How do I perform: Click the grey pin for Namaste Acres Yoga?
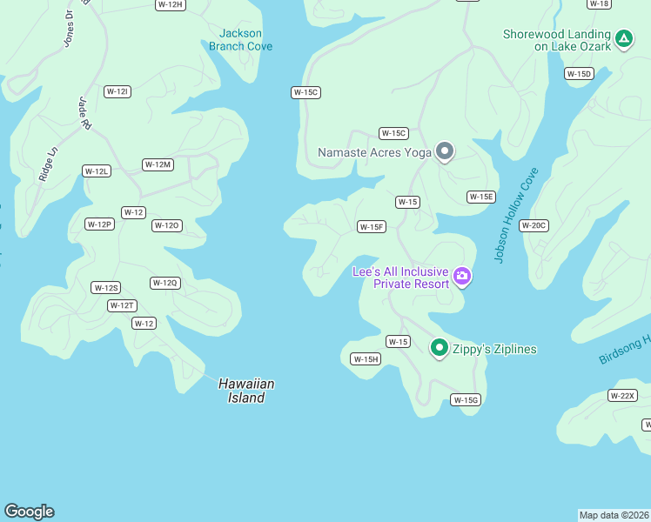pos(445,151)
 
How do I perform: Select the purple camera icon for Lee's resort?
pos(462,277)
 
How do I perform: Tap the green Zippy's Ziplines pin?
pos(440,349)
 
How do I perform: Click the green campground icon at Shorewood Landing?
pos(623,38)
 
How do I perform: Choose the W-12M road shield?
pos(158,164)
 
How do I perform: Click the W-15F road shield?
pos(372,227)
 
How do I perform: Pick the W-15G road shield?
pos(466,400)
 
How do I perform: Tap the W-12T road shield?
pos(122,305)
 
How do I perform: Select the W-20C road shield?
pos(534,225)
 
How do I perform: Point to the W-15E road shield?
pos(481,197)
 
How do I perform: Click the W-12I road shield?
pos(117,91)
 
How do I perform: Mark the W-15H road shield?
pos(366,359)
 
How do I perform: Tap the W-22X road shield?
pos(622,396)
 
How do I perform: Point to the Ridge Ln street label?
pos(48,162)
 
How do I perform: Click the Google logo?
pos(29,512)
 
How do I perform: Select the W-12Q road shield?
pos(164,283)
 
